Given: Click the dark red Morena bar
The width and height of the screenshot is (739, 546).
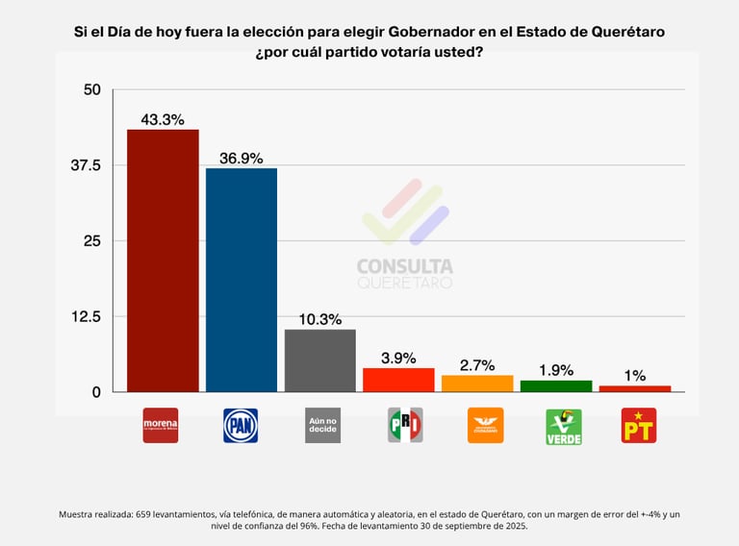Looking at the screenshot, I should pyautogui.click(x=163, y=261).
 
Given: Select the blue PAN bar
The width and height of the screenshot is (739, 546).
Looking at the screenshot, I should pyautogui.click(x=242, y=280).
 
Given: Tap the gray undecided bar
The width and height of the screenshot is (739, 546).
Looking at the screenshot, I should pyautogui.click(x=320, y=360).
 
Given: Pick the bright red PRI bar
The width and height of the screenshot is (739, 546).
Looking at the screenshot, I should pyautogui.click(x=398, y=380).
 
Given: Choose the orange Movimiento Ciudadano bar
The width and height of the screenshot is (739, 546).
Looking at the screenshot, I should pyautogui.click(x=477, y=384).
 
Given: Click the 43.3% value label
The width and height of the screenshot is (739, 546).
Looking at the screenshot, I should pyautogui.click(x=163, y=120).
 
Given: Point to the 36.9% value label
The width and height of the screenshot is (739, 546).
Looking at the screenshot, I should pyautogui.click(x=242, y=159).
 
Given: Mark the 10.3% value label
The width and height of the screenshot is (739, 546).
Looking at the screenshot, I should pyautogui.click(x=320, y=319).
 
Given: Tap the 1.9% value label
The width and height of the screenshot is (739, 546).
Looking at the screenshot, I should pyautogui.click(x=556, y=370).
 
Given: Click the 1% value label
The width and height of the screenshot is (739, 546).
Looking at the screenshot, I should pyautogui.click(x=635, y=376).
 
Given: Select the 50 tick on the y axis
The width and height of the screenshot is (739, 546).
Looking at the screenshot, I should pyautogui.click(x=92, y=90).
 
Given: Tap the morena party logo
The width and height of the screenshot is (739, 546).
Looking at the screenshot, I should pyautogui.click(x=161, y=425).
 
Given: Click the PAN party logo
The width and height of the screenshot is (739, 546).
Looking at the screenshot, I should pyautogui.click(x=241, y=425).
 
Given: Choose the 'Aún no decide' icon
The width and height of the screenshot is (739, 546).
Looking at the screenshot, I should pyautogui.click(x=322, y=425).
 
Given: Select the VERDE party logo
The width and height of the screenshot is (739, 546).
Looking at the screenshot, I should pyautogui.click(x=564, y=425).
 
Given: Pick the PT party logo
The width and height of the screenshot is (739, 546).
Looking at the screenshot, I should pyautogui.click(x=639, y=425).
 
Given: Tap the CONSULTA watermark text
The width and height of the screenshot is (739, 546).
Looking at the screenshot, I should pyautogui.click(x=404, y=266).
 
